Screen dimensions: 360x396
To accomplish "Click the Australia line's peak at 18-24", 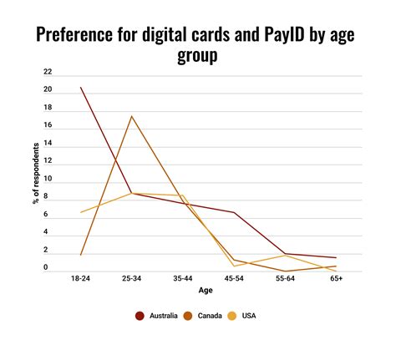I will (81, 87).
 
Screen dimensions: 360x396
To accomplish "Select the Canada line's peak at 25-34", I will (132, 115).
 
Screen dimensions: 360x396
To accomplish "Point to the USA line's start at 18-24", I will (81, 212).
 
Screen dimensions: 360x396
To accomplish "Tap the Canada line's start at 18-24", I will (81, 255).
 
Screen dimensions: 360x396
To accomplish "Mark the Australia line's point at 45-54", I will (234, 212).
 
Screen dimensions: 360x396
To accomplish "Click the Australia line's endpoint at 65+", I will (336, 258).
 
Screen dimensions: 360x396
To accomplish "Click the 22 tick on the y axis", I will (48, 72).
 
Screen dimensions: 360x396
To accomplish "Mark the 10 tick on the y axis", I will (48, 180).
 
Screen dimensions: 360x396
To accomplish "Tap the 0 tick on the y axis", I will (48, 268).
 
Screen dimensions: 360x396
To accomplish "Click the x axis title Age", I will (206, 292).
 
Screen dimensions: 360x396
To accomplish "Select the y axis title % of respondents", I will (36, 171).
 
